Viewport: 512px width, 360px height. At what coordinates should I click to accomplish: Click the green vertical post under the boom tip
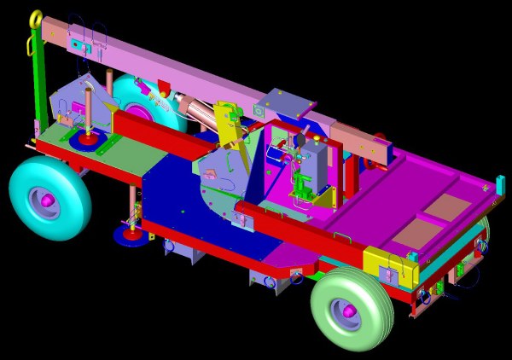point(38,85)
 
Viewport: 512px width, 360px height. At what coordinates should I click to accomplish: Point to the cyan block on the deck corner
point(500,183)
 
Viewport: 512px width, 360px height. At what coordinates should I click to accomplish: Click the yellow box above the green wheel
point(389,269)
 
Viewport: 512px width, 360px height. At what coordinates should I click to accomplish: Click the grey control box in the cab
point(316,166)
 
